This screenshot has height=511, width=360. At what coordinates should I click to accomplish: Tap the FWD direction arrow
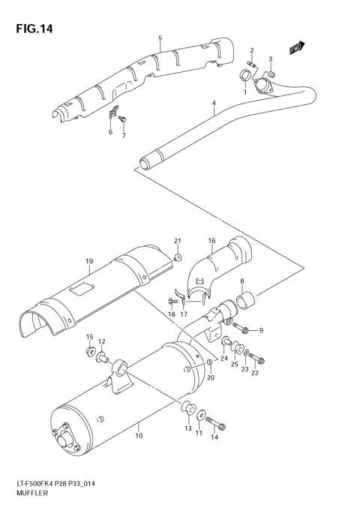[x=296, y=47]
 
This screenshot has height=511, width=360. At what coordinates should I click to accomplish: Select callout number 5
[x=160, y=38]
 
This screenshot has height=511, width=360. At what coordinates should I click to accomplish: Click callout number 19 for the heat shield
[x=88, y=261]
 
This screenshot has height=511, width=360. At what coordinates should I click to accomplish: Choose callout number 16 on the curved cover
[x=211, y=241]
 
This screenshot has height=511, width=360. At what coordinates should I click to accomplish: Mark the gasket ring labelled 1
[x=244, y=76]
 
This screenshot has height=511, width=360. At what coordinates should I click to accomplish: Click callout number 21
[x=178, y=240]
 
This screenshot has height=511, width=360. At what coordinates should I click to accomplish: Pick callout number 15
[x=89, y=337]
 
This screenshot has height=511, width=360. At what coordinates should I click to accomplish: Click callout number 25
[x=235, y=365]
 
